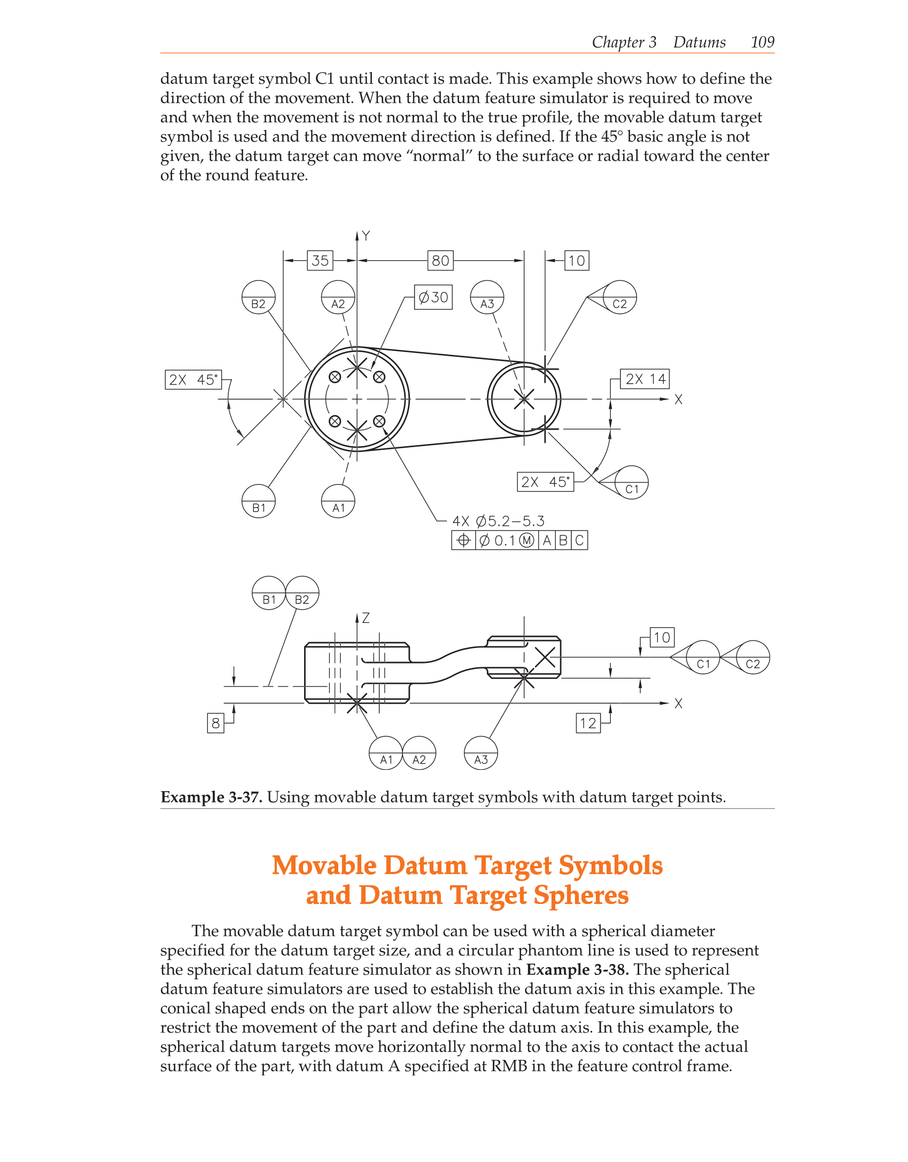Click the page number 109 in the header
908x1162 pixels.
tap(762, 42)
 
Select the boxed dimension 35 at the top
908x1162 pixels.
tap(320, 261)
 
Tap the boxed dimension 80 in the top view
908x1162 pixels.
tap(440, 261)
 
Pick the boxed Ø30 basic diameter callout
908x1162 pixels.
tap(433, 297)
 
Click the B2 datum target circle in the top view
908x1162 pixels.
tap(259, 297)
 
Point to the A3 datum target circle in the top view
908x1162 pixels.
tap(487, 297)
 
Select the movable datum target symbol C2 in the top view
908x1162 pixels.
tap(619, 297)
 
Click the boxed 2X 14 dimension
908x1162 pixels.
tap(645, 379)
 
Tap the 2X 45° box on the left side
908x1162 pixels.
tap(193, 380)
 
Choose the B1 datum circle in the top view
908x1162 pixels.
tap(259, 501)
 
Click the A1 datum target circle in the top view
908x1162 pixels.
tap(338, 501)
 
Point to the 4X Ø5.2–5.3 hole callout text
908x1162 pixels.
tap(498, 521)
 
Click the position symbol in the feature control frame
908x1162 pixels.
tap(463, 541)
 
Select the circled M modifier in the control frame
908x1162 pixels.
tap(526, 541)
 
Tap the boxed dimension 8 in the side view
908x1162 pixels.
tap(215, 723)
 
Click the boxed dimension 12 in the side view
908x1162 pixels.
tap(588, 723)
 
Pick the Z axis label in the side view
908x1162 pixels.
tap(366, 618)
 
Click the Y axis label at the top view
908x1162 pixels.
tap(366, 236)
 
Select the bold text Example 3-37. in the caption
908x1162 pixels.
tap(211, 797)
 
